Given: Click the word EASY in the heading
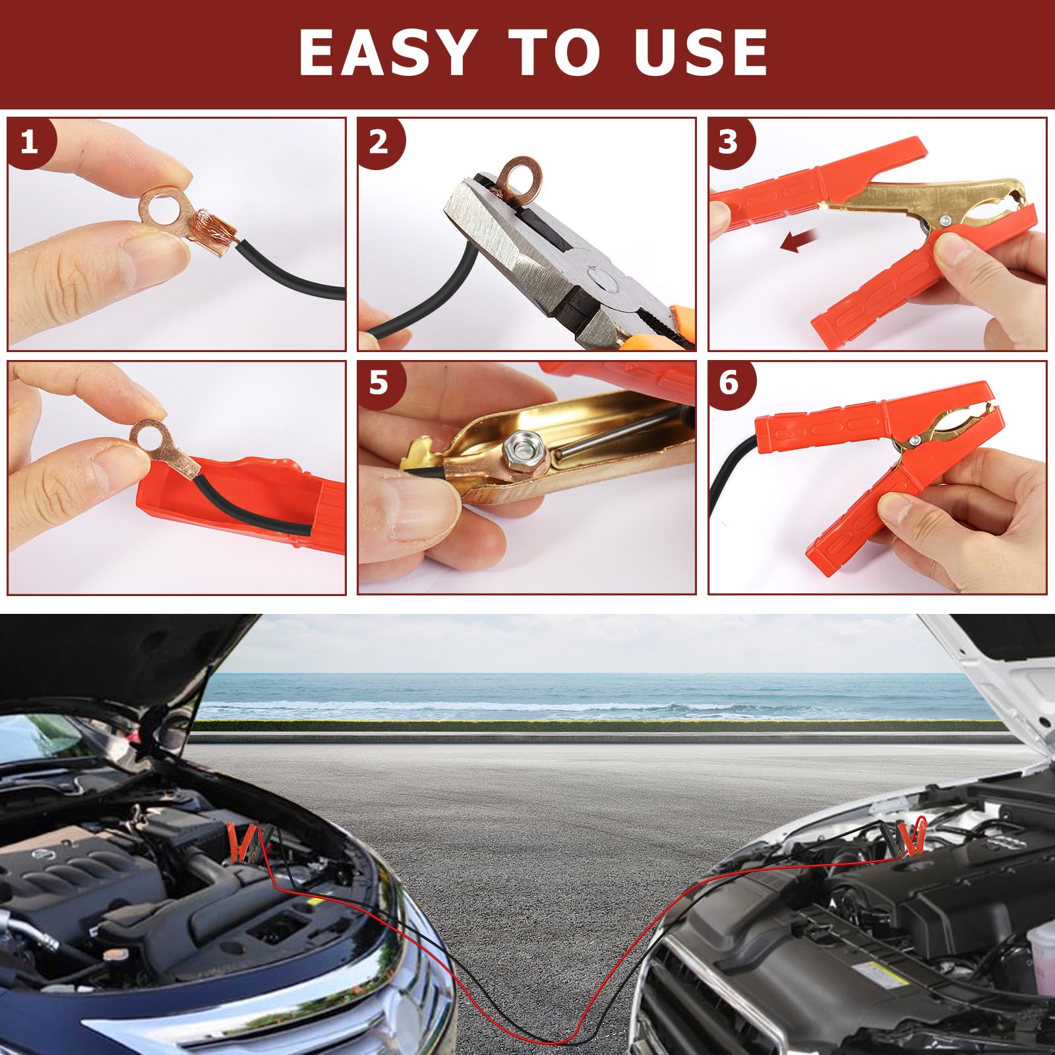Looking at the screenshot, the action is point(387,53).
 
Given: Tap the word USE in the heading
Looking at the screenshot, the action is point(701,53).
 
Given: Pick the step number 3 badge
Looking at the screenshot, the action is point(729,142).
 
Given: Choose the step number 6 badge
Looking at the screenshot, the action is point(729,384).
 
